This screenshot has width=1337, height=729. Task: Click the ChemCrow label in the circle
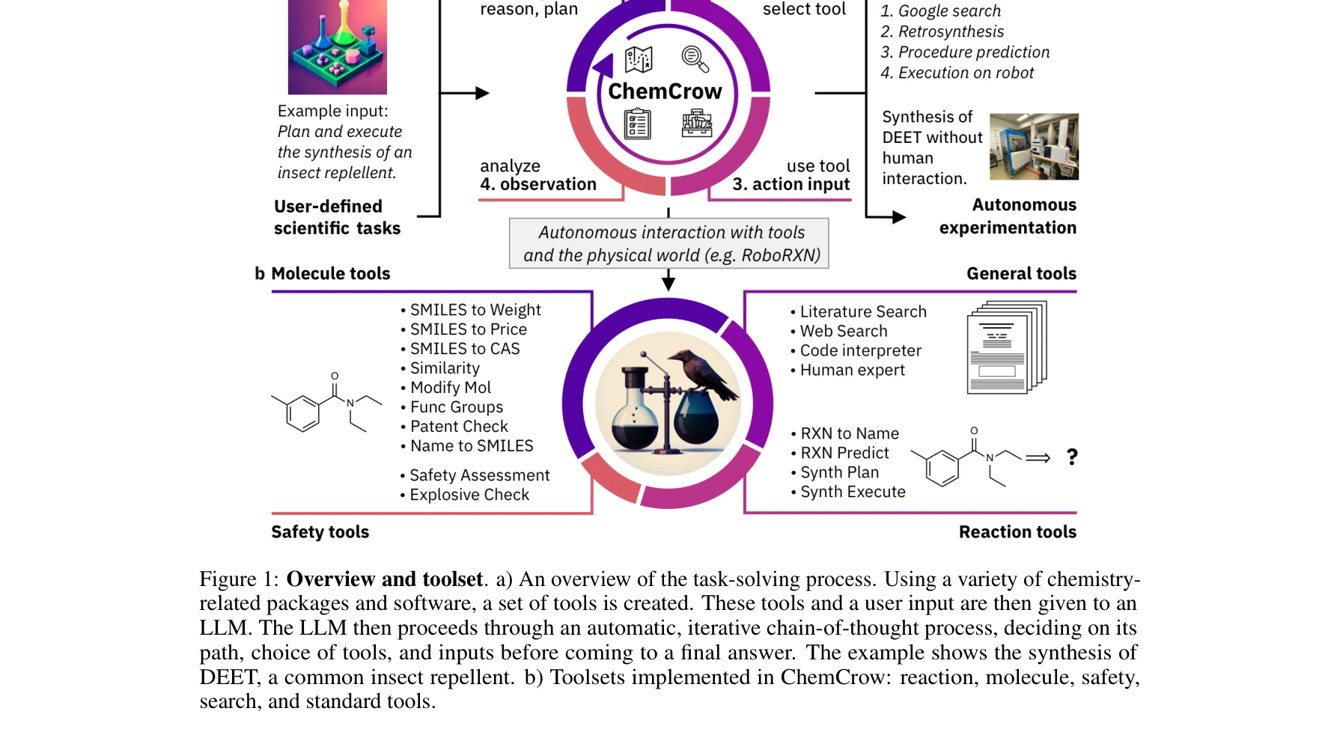665,91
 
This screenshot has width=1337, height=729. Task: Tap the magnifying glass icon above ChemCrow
695,59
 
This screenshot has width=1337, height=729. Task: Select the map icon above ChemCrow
639,59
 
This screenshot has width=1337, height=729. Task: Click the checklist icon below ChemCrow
638,124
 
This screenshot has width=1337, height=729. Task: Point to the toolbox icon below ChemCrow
696,123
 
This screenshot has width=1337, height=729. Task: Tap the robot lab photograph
1034,147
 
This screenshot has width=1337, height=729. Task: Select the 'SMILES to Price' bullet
468,329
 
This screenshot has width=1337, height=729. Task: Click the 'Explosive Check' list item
469,495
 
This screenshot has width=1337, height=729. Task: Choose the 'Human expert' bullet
852,370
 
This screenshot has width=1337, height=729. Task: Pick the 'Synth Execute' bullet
853,492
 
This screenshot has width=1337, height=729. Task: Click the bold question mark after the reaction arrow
1072,457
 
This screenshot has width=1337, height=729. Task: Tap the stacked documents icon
1006,347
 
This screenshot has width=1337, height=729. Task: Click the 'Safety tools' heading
320,532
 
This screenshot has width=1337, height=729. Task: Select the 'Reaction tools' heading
1017,532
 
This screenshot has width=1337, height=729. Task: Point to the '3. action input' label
791,184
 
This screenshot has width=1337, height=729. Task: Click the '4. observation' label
538,184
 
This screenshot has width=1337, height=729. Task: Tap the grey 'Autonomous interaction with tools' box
669,243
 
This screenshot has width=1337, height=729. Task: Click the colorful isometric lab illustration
338,46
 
